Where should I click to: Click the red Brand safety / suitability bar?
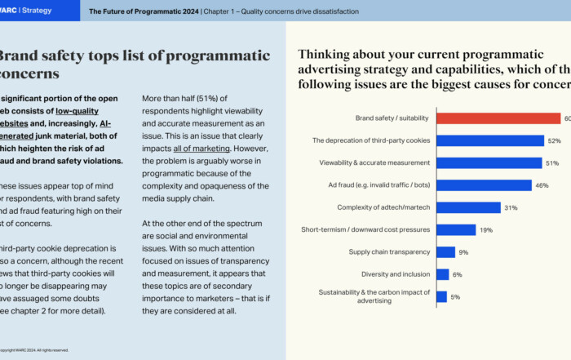tap(498, 118)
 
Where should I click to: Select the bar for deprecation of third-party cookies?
tap(490, 140)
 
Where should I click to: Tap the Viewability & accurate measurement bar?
tap(489, 163)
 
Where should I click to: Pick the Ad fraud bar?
tap(484, 185)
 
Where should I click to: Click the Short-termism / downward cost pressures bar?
tap(456, 230)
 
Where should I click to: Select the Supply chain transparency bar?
tap(445, 252)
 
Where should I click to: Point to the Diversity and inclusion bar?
tap(443, 274)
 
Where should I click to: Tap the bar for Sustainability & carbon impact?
tap(441, 296)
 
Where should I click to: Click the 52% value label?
tap(555, 141)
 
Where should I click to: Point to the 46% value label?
tap(542, 186)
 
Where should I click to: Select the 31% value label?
tap(511, 208)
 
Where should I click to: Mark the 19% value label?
tap(486, 230)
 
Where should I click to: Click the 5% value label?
tap(455, 297)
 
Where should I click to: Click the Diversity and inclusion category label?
tap(396, 274)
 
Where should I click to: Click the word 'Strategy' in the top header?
tap(37, 11)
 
